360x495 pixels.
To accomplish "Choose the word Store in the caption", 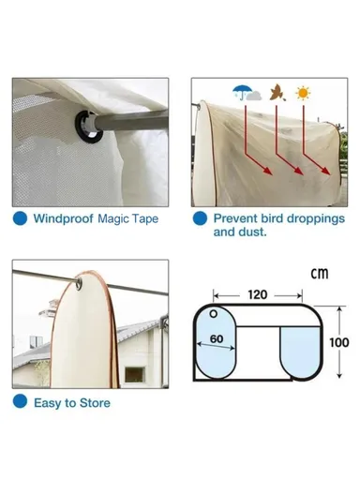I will (94, 403).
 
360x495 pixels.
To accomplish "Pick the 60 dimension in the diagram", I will (217, 337).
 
